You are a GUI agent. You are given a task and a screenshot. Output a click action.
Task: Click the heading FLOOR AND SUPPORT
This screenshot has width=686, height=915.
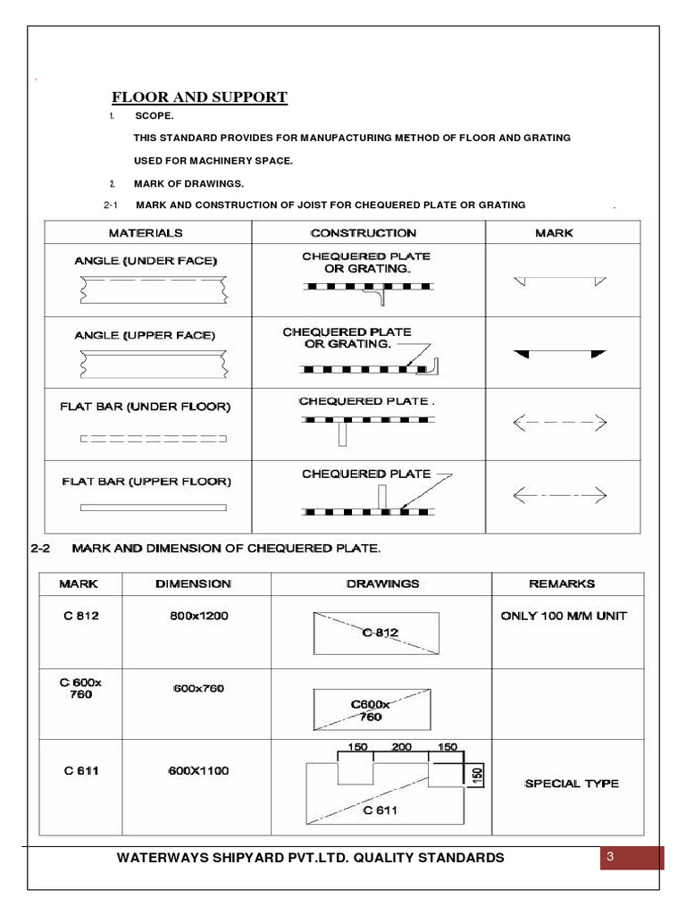pyautogui.click(x=198, y=97)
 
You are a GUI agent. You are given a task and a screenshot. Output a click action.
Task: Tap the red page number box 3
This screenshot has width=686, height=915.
pyautogui.click(x=632, y=858)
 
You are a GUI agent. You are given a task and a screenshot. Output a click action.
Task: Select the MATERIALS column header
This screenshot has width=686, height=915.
pyautogui.click(x=146, y=232)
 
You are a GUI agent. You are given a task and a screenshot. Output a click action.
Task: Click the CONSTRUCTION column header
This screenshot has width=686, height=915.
pyautogui.click(x=363, y=232)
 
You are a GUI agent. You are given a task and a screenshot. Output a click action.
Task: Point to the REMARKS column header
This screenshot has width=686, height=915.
pyautogui.click(x=562, y=583)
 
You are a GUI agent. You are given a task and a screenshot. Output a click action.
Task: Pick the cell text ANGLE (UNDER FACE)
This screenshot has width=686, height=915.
pyautogui.click(x=145, y=261)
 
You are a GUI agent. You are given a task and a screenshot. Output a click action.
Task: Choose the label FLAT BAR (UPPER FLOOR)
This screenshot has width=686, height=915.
pyautogui.click(x=146, y=481)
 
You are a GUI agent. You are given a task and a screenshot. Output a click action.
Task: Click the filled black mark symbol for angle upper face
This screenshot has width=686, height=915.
pyautogui.click(x=559, y=355)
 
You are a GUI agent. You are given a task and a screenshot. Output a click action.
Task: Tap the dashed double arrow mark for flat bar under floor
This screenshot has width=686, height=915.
pyautogui.click(x=559, y=421)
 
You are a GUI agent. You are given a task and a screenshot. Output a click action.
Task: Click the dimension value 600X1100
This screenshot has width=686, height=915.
pyautogui.click(x=198, y=771)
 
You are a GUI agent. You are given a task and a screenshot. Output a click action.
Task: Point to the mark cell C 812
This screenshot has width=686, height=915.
pyautogui.click(x=80, y=616)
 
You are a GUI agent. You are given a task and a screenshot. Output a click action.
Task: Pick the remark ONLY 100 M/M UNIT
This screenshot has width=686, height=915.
pyautogui.click(x=564, y=616)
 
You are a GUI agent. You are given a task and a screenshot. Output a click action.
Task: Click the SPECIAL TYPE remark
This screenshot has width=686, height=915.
pyautogui.click(x=571, y=784)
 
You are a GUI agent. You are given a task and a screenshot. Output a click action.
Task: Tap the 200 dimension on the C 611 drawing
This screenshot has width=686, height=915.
pyautogui.click(x=401, y=747)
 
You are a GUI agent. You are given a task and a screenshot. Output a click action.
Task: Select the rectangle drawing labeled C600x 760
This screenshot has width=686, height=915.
pyautogui.click(x=374, y=709)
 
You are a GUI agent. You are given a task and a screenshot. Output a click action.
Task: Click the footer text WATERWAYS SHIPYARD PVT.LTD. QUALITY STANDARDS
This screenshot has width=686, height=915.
pyautogui.click(x=310, y=858)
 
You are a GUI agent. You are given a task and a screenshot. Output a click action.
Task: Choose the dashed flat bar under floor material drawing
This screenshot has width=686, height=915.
pyautogui.click(x=153, y=439)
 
